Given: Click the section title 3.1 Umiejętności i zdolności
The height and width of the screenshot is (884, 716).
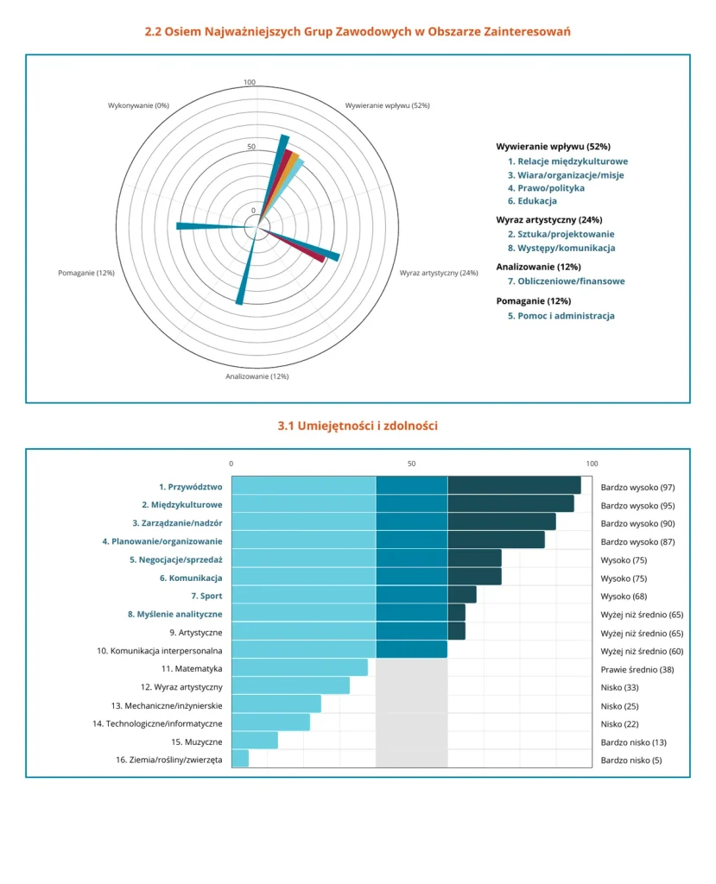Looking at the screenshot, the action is pos(358,426).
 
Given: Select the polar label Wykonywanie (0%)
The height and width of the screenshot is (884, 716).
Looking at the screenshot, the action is pos(138,105).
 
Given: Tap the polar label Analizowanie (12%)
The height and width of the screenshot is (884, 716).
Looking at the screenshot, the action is pos(257,376).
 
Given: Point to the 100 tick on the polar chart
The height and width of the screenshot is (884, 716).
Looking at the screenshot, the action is pos(250,82).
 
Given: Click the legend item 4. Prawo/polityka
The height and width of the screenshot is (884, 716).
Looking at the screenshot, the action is pos(546,187).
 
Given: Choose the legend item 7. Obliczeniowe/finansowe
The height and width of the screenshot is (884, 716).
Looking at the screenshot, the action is pos(566,281).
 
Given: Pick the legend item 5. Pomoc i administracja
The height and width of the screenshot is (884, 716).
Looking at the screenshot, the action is pos(561,316).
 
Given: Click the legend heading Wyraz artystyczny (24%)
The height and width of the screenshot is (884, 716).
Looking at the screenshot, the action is pos(549,220).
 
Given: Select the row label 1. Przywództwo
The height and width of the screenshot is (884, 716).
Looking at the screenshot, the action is pos(190,487).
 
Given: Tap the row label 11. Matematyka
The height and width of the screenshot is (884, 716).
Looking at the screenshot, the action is pos(192,669).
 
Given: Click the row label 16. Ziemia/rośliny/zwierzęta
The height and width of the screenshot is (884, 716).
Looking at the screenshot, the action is pos(169,760).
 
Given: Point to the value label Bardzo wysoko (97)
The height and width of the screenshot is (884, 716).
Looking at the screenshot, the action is pos(637,487).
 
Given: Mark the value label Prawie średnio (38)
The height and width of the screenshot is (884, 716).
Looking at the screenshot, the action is pos(637,670).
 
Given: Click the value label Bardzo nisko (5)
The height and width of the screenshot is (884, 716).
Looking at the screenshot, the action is pos(630,760).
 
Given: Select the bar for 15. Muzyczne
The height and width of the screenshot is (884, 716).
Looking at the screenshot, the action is pos(255,740).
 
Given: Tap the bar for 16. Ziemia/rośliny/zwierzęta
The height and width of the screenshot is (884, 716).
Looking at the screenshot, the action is pos(240,758).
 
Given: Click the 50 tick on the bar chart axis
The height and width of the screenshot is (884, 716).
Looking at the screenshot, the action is pos(411,464).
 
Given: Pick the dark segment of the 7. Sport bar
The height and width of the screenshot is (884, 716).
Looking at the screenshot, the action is pos(462,594).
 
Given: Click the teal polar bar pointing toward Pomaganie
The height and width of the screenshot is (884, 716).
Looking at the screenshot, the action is pos(216,227).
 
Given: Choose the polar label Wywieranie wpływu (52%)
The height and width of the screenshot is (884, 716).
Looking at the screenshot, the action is pos(387,105).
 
